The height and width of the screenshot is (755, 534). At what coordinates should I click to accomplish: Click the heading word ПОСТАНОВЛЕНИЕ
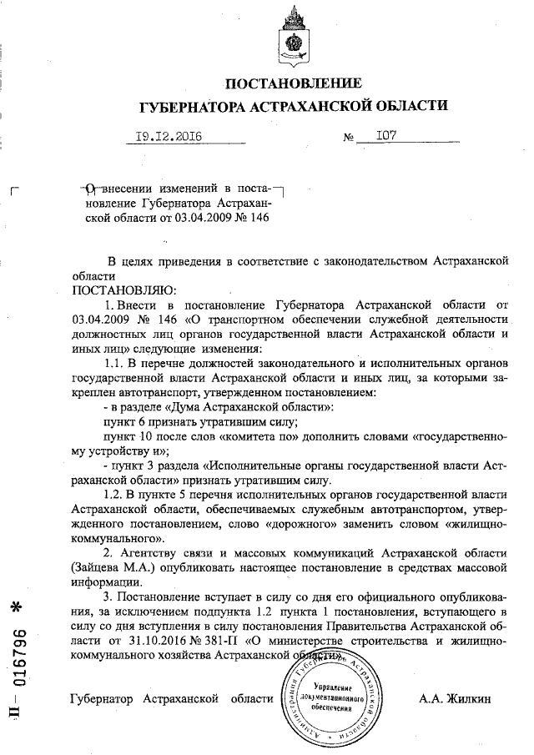pyautogui.click(x=295, y=83)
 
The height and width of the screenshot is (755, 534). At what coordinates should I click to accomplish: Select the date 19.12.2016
pyautogui.click(x=169, y=137)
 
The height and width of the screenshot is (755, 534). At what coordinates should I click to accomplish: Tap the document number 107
pyautogui.click(x=386, y=136)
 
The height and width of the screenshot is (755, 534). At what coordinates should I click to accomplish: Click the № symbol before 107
pyautogui.click(x=350, y=138)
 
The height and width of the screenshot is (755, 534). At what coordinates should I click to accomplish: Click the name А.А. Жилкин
pyautogui.click(x=456, y=697)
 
